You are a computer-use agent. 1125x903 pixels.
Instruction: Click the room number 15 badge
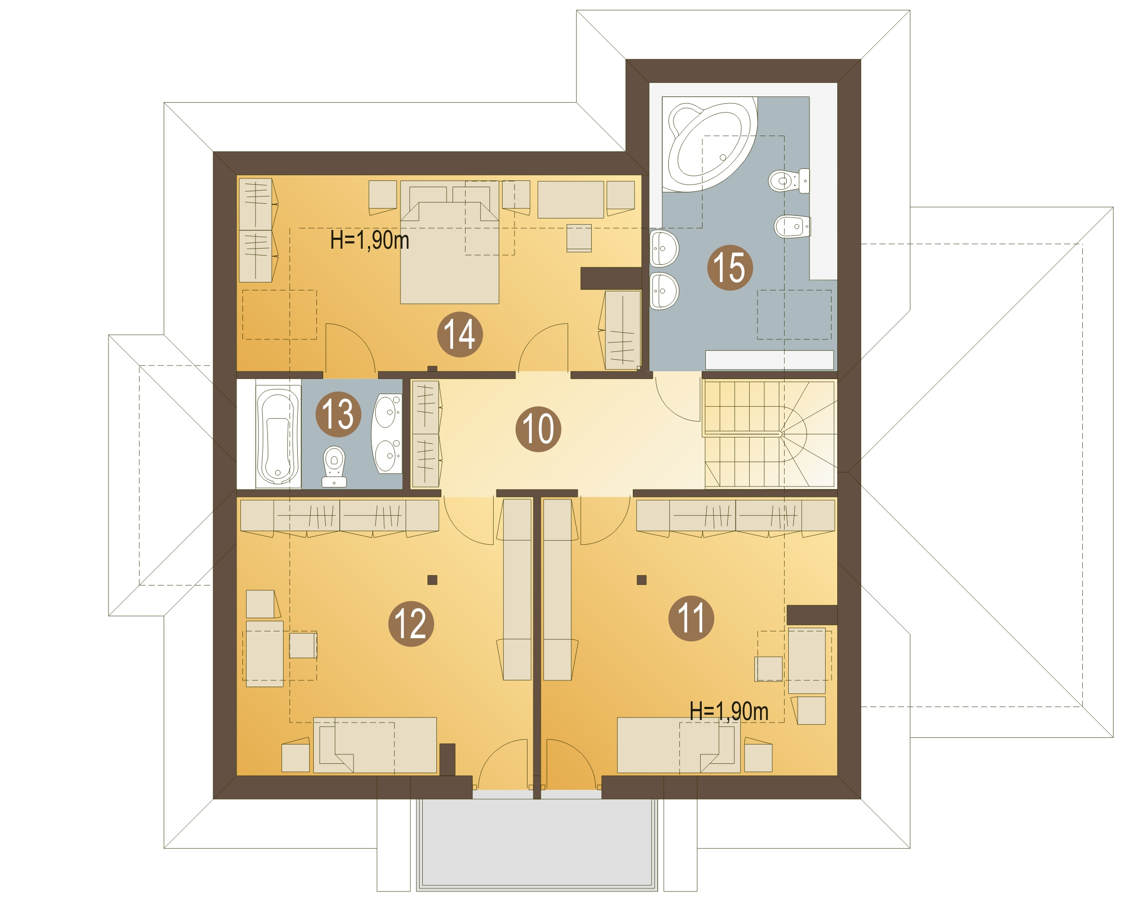tap(729, 268)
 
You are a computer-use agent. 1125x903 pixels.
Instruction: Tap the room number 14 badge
tap(460, 334)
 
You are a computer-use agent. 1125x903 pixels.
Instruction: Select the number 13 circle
tap(338, 414)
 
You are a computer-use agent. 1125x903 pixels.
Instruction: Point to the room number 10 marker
tap(538, 429)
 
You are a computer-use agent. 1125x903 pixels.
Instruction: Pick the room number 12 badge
tap(411, 624)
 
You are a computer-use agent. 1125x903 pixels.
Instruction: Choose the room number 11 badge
tap(691, 618)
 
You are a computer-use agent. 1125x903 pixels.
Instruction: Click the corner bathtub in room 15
tap(710, 144)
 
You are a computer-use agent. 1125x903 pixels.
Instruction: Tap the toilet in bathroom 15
tap(789, 180)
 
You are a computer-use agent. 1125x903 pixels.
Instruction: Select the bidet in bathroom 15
tap(792, 227)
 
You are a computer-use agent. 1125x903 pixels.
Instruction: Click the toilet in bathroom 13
tap(334, 466)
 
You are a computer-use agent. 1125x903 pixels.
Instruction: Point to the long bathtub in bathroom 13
tap(278, 436)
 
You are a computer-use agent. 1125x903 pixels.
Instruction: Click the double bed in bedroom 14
tap(450, 245)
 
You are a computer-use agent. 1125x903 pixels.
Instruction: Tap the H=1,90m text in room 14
tap(370, 240)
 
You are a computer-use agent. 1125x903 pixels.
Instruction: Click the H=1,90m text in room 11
tap(729, 711)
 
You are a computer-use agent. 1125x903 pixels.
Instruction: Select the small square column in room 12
tap(432, 580)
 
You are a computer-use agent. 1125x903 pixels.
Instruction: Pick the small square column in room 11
tap(642, 580)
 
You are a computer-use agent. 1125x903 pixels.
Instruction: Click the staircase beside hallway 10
tap(769, 434)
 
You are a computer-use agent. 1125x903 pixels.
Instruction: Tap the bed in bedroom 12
tap(375, 745)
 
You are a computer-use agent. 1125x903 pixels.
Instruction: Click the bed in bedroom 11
tap(679, 745)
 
